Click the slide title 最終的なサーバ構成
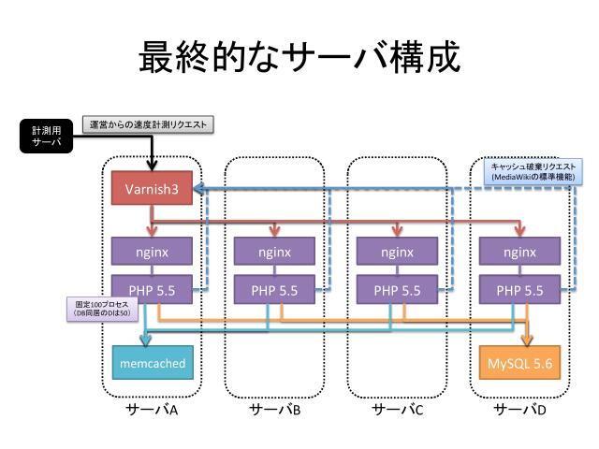point(299,59)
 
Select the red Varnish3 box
point(152,189)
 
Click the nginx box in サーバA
point(152,252)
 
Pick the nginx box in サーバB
point(274,252)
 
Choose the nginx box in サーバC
point(397,252)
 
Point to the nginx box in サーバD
point(519,252)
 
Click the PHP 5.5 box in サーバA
point(152,290)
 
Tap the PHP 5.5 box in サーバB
point(274,290)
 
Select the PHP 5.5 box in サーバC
point(397,290)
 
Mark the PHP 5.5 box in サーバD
point(519,290)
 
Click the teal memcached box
point(152,362)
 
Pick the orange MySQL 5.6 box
point(519,362)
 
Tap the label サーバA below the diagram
point(152,410)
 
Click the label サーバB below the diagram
point(274,410)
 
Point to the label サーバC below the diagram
point(397,410)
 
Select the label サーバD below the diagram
point(519,410)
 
